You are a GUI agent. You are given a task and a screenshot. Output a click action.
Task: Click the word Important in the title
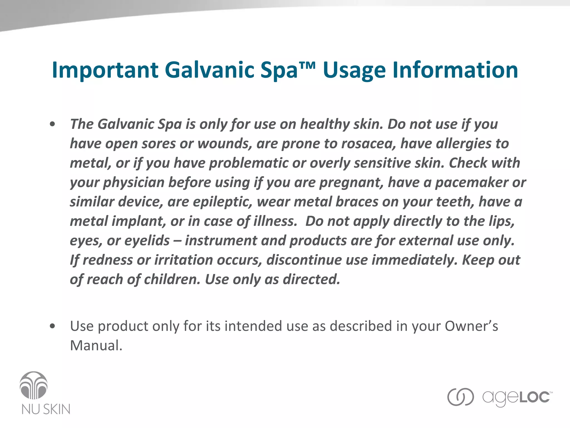point(105,70)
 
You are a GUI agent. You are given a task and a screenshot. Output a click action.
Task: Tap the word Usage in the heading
point(354,70)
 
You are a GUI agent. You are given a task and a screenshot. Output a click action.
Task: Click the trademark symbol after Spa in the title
point(307,66)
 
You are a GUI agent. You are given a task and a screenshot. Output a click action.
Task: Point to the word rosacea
point(368,144)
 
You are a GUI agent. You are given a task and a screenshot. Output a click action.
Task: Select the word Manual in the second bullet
point(96,346)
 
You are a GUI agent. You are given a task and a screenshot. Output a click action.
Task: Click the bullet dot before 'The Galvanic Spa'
point(52,124)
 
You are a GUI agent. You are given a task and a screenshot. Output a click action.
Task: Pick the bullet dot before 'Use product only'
point(52,326)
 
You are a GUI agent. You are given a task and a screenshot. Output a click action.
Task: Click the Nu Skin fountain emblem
point(34,385)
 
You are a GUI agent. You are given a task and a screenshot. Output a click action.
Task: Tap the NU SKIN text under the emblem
point(46,409)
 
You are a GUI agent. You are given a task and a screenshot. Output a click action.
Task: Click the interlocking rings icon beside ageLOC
point(460,397)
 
